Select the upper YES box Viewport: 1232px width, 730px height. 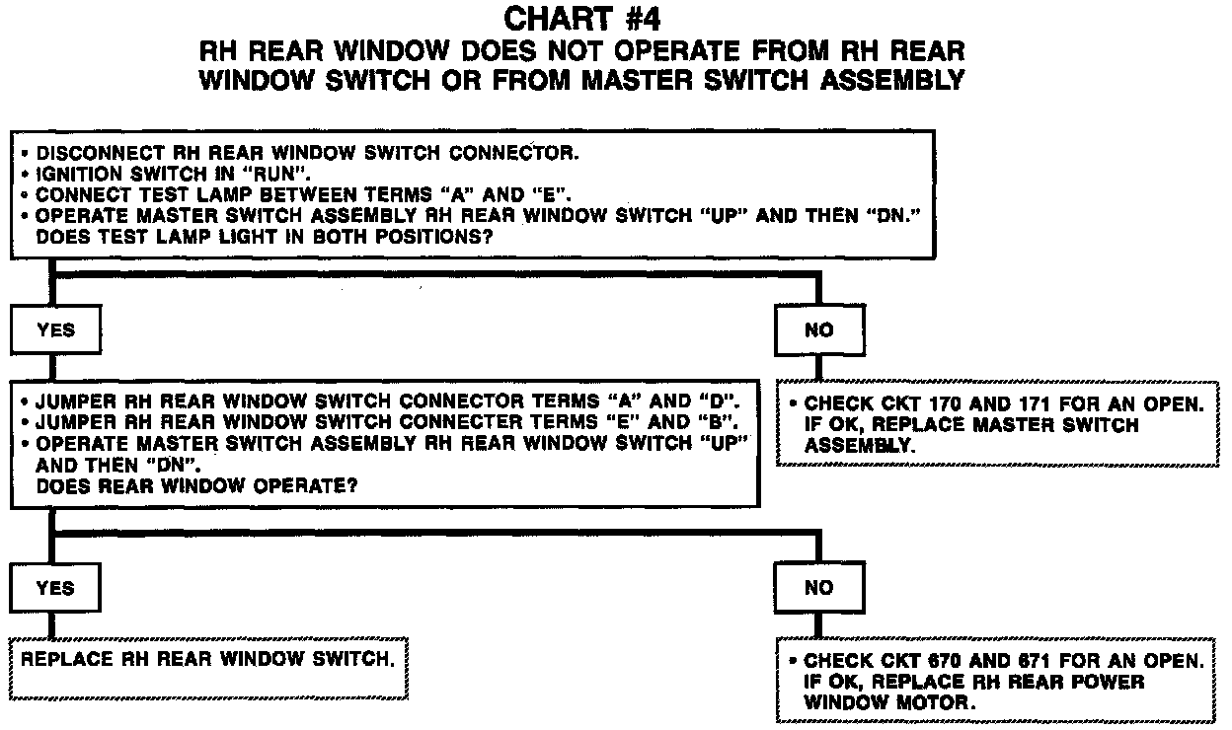point(55,330)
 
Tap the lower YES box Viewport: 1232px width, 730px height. point(55,588)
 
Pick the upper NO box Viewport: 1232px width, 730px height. point(819,330)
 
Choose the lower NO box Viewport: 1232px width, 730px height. point(819,588)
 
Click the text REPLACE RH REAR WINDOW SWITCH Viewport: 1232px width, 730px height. point(207,657)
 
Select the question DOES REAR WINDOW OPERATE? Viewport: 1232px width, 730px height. point(195,485)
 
